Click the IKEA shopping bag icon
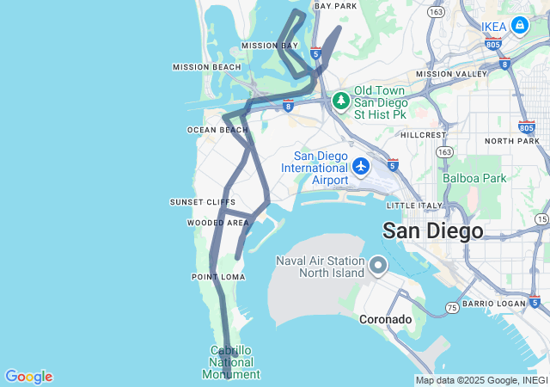point(520,27)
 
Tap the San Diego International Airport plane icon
point(361,164)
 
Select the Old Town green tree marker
point(341,100)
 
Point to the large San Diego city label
point(432,230)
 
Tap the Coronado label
point(385,319)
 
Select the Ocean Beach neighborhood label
point(217,130)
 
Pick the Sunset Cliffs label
point(202,202)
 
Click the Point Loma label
point(218,277)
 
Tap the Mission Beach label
point(207,67)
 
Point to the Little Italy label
point(414,206)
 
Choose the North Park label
point(511,140)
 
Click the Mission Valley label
point(451,74)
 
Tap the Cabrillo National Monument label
point(230,362)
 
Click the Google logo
point(28,377)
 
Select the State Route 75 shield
point(452,307)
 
